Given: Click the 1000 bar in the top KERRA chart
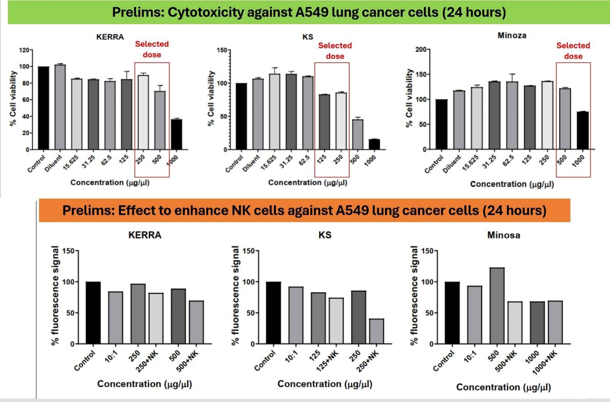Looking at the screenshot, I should tap(176, 134).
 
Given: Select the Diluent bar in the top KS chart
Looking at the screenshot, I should tap(258, 114).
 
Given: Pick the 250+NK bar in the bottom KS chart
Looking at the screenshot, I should tap(376, 331).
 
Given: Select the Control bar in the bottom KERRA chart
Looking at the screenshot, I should tap(93, 313).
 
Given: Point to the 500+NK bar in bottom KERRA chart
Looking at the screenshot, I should tap(196, 322).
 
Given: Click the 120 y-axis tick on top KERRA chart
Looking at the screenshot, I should tap(24, 50).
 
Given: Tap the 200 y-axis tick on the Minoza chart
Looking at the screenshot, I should tap(420, 50).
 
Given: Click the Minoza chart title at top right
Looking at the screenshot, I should tap(512, 36).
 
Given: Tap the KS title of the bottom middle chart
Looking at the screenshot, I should tap(325, 235).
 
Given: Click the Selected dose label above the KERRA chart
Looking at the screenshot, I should tap(152, 49).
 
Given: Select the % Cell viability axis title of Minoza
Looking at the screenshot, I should tap(409, 98).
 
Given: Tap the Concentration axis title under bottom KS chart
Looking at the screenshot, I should tap(325, 384).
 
